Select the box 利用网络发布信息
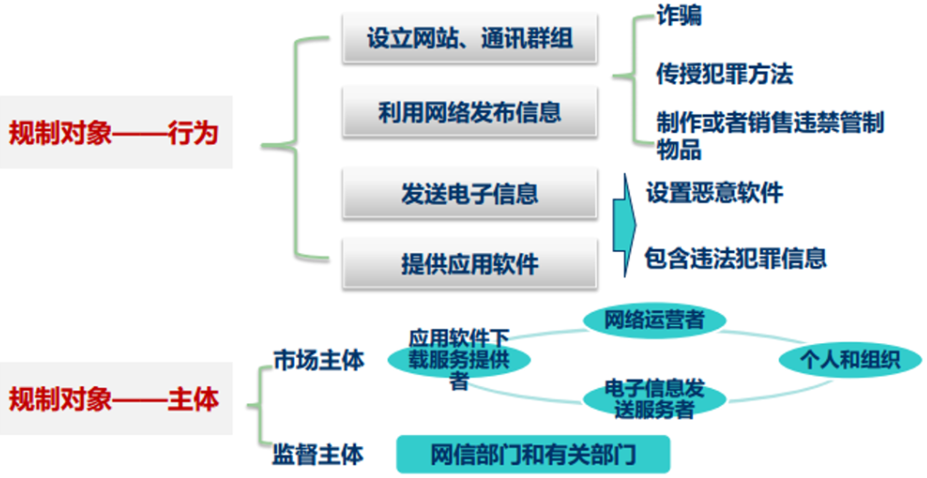pyautogui.click(x=470, y=112)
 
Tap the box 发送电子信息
pyautogui.click(x=470, y=193)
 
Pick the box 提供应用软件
pyautogui.click(x=470, y=264)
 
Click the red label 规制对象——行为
pyautogui.click(x=114, y=133)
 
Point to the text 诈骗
pyautogui.click(x=679, y=15)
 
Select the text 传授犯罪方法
pyautogui.click(x=724, y=74)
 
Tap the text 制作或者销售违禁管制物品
pyautogui.click(x=769, y=134)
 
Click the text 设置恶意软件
pyautogui.click(x=714, y=193)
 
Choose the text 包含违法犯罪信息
pyautogui.click(x=736, y=258)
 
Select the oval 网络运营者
pyautogui.click(x=655, y=319)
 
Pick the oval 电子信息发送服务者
pyautogui.click(x=654, y=400)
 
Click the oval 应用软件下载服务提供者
pyautogui.click(x=458, y=359)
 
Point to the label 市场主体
pyautogui.click(x=319, y=360)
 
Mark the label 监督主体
pyautogui.click(x=318, y=453)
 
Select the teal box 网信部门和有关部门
pyautogui.click(x=533, y=453)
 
